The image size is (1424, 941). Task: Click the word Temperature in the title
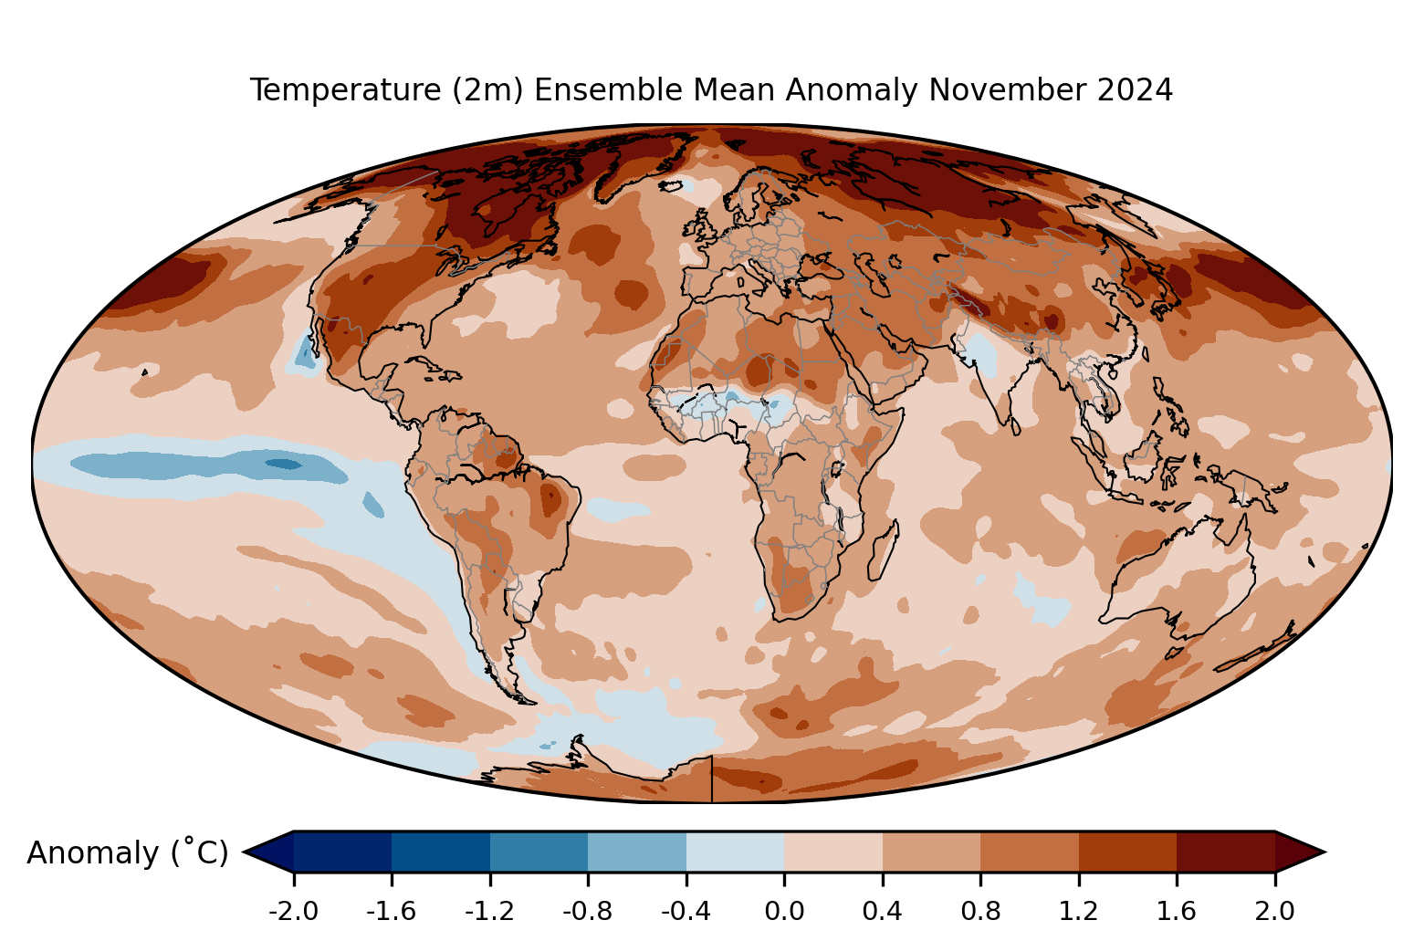(x=344, y=90)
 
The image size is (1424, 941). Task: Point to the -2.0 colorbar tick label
(x=293, y=912)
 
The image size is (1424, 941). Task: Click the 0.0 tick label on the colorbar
(x=784, y=912)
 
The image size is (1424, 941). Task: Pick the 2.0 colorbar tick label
(x=1274, y=912)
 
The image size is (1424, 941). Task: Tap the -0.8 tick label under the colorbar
(x=588, y=912)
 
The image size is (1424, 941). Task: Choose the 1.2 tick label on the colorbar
(x=1079, y=912)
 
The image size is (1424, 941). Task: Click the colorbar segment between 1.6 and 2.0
(x=1226, y=852)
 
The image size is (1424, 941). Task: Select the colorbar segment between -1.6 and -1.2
(x=441, y=852)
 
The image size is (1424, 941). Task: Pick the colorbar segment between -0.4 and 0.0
(x=736, y=852)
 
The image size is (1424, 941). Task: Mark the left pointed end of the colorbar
(x=244, y=852)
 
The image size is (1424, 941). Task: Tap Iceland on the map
(x=675, y=186)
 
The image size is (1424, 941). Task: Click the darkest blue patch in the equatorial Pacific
(x=284, y=465)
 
